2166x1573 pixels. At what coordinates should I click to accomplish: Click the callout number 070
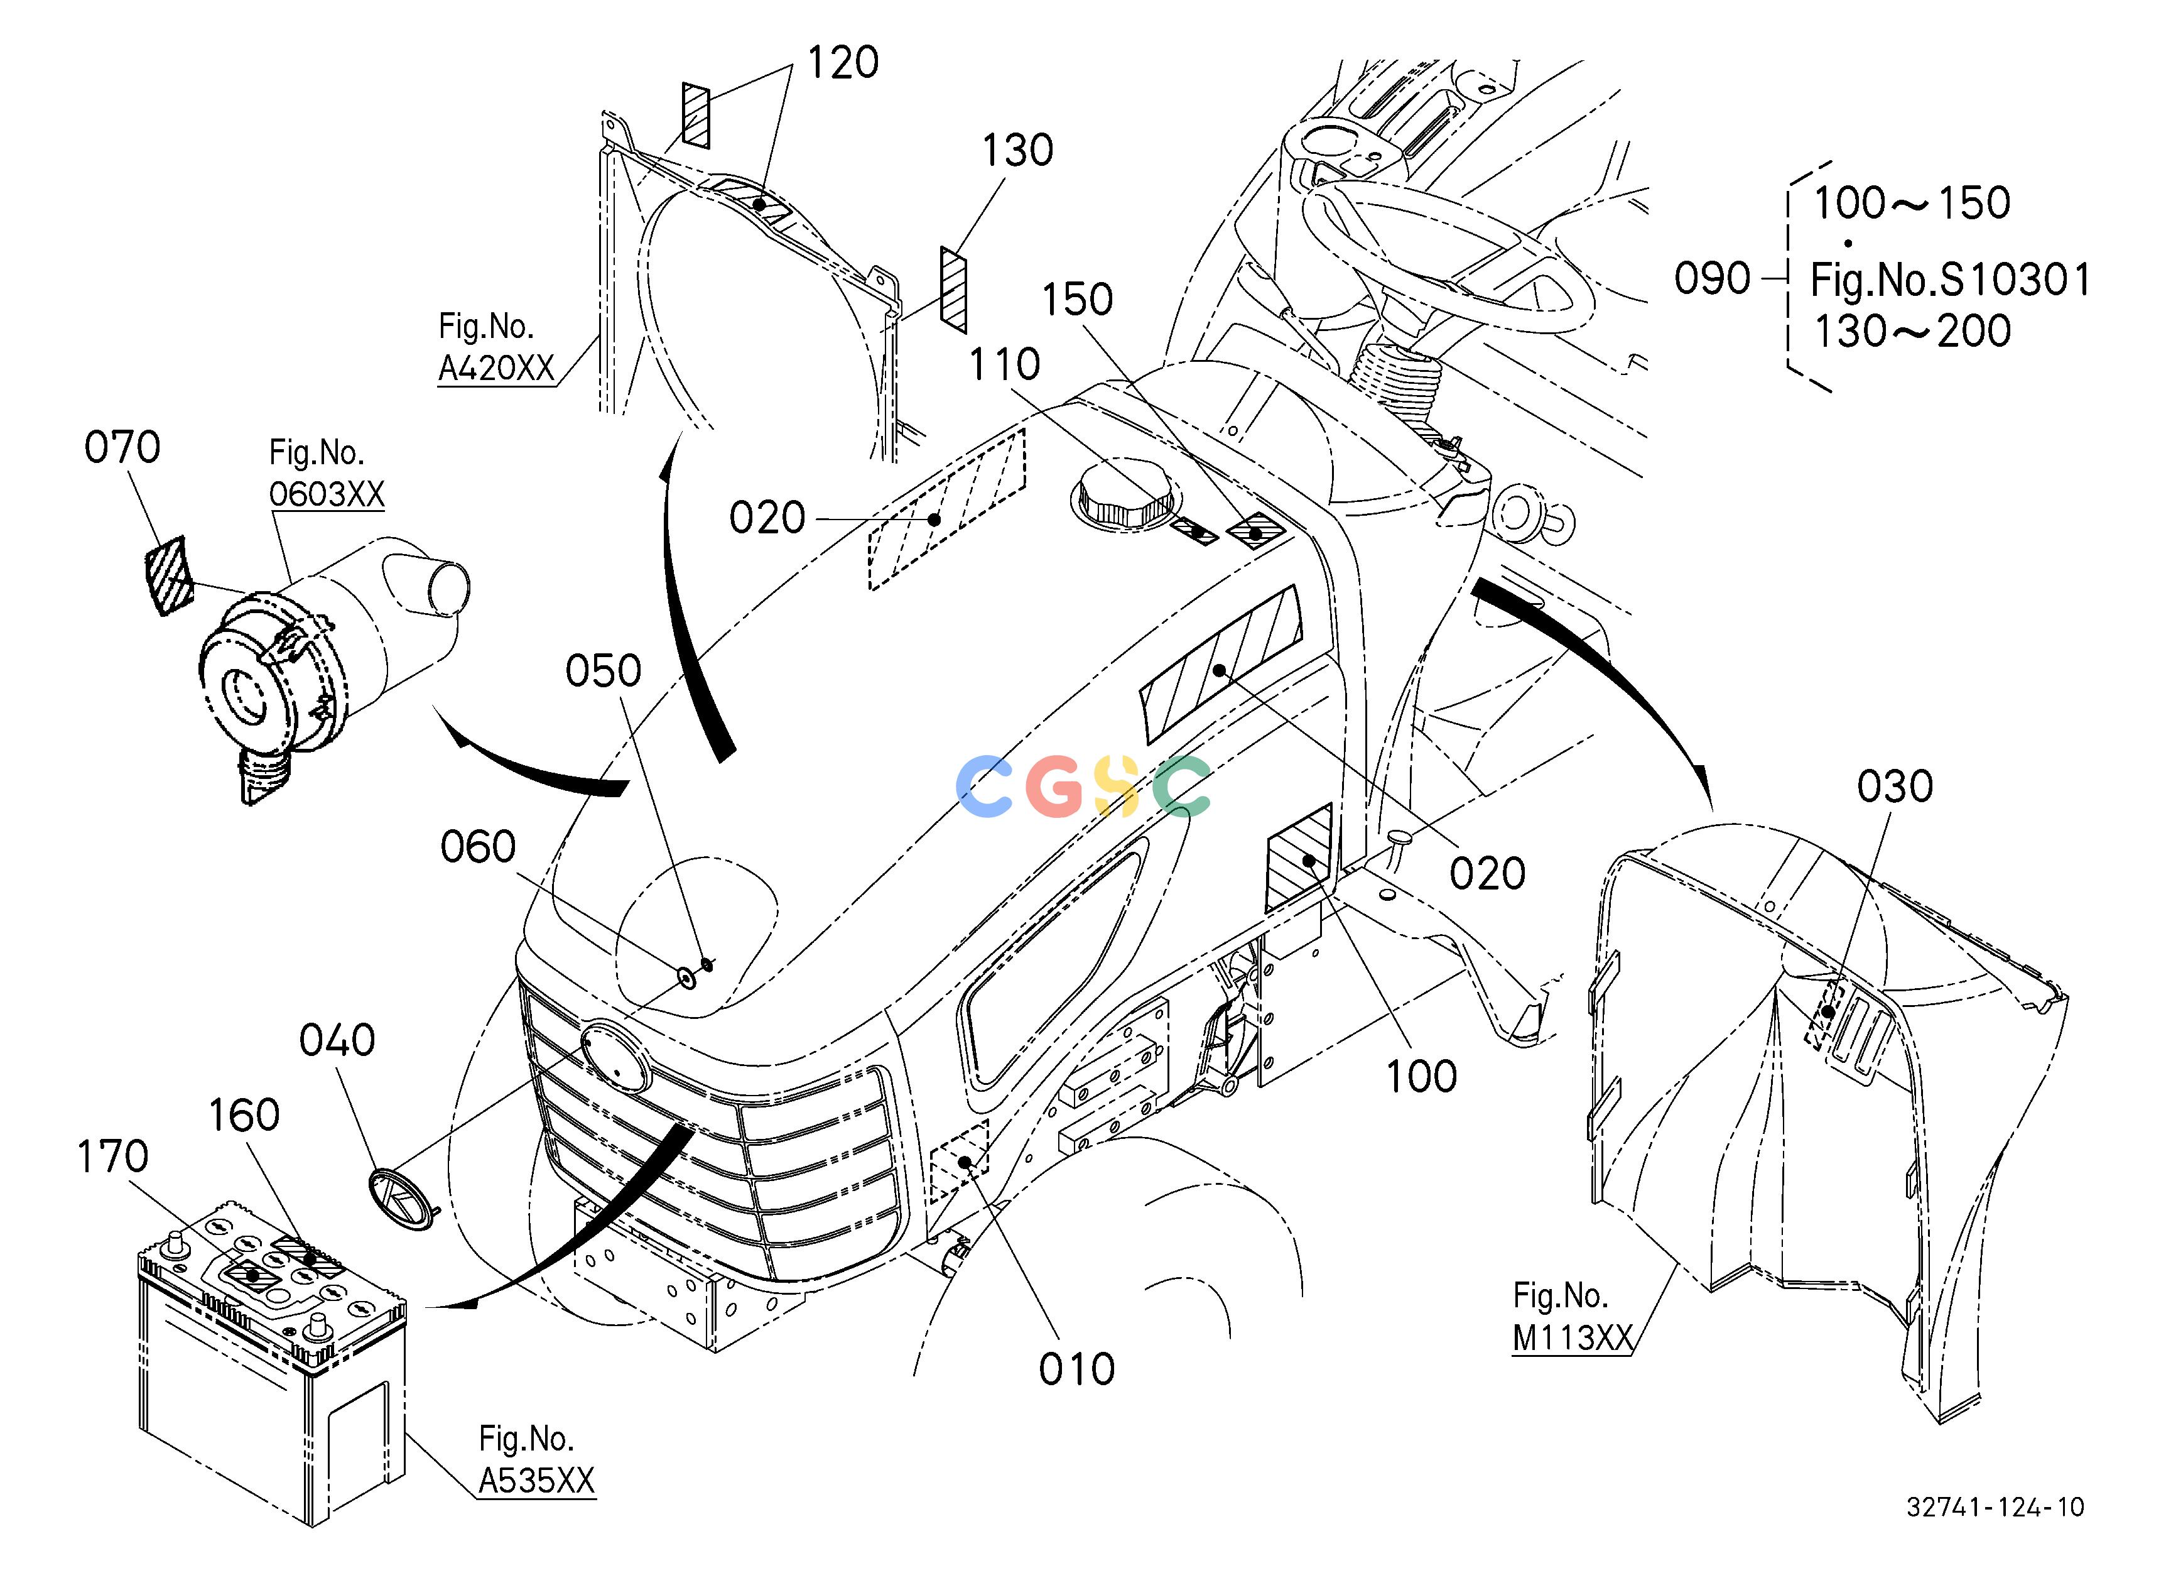[x=122, y=447]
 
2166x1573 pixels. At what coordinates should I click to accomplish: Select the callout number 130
[x=1018, y=151]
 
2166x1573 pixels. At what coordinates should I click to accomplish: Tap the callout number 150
[x=1077, y=300]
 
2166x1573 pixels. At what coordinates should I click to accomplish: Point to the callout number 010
[x=1077, y=1369]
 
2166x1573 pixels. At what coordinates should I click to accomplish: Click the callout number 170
[x=112, y=1157]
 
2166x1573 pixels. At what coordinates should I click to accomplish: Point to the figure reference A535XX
[x=537, y=1481]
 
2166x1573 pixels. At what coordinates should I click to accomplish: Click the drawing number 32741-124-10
[x=1995, y=1507]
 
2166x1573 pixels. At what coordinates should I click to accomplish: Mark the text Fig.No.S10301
[x=1950, y=280]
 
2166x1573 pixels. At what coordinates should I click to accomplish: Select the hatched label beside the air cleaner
[x=168, y=576]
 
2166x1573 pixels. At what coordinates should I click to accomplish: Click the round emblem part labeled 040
[x=401, y=1199]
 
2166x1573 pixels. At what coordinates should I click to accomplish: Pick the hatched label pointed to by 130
[x=953, y=290]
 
